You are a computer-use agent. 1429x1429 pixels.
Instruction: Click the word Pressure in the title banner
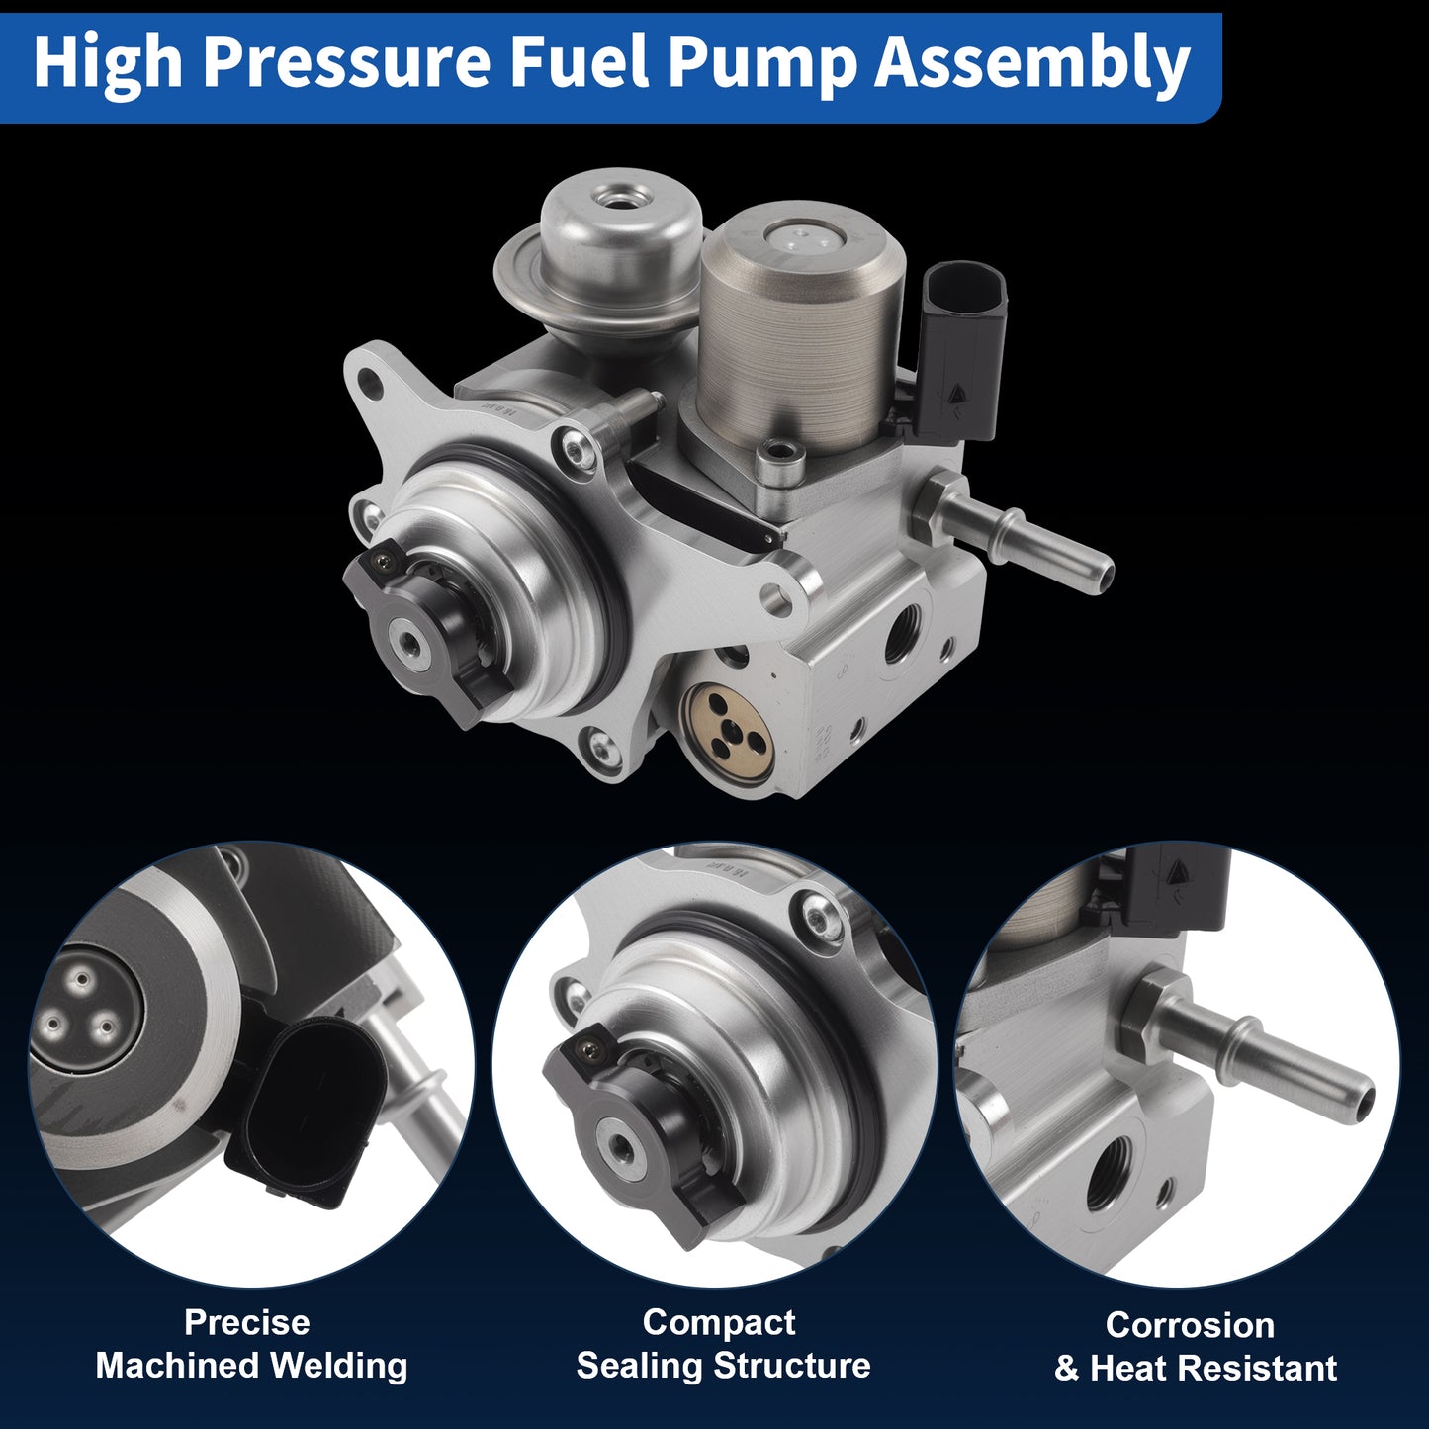tap(346, 62)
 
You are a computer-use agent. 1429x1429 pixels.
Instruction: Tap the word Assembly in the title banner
tap(1032, 62)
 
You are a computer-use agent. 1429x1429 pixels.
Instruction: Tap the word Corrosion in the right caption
tap(1191, 1325)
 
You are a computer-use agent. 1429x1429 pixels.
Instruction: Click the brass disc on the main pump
tap(728, 727)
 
